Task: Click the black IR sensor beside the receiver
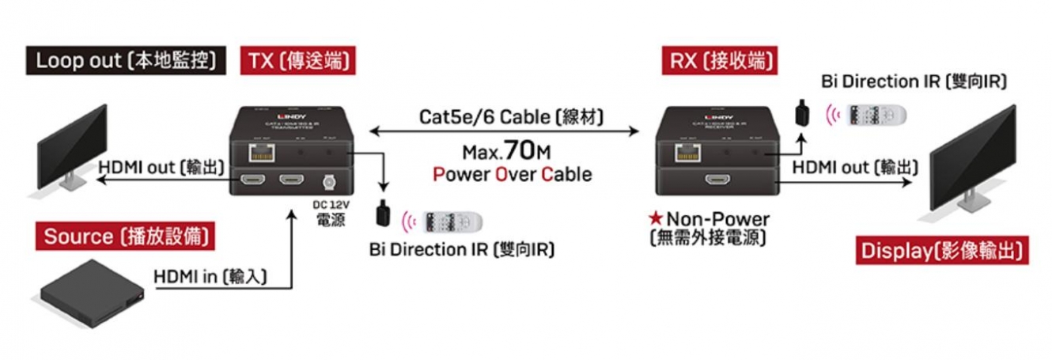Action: tap(801, 112)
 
